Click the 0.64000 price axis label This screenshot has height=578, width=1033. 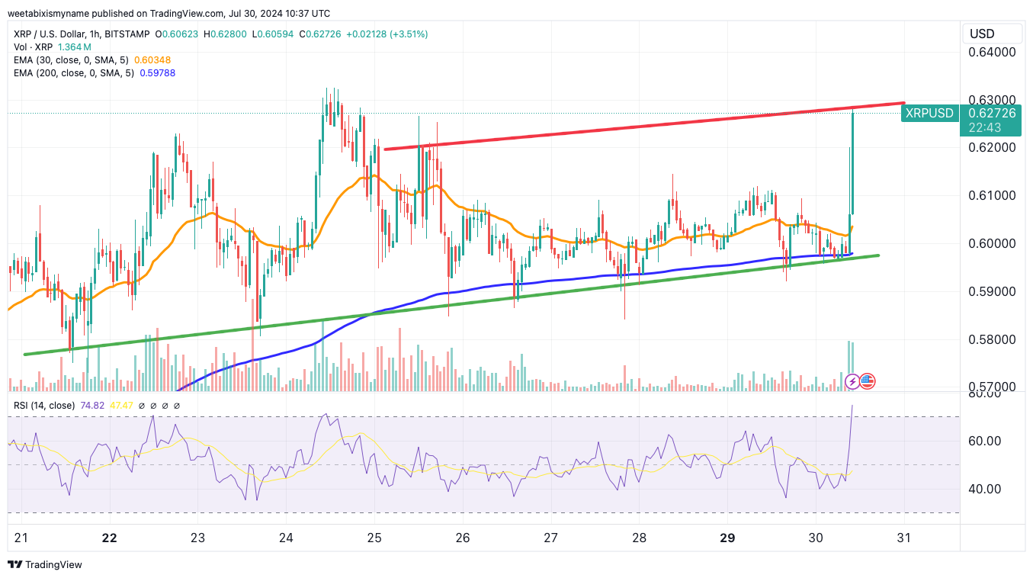pyautogui.click(x=992, y=52)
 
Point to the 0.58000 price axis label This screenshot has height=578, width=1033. pyautogui.click(x=992, y=339)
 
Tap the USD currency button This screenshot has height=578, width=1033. pyautogui.click(x=982, y=34)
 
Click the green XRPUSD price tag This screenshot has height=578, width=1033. pyautogui.click(x=929, y=114)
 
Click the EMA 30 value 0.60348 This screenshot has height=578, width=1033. pyautogui.click(x=152, y=59)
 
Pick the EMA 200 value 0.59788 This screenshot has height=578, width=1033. pyautogui.click(x=157, y=73)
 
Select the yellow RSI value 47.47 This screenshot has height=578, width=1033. pyautogui.click(x=122, y=406)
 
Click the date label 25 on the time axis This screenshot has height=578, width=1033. pyautogui.click(x=374, y=538)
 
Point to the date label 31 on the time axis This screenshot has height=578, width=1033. pyautogui.click(x=904, y=538)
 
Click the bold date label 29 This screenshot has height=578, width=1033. pyautogui.click(x=727, y=538)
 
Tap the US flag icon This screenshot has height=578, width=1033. pyautogui.click(x=868, y=381)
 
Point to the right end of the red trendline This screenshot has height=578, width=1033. pyautogui.click(x=903, y=102)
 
